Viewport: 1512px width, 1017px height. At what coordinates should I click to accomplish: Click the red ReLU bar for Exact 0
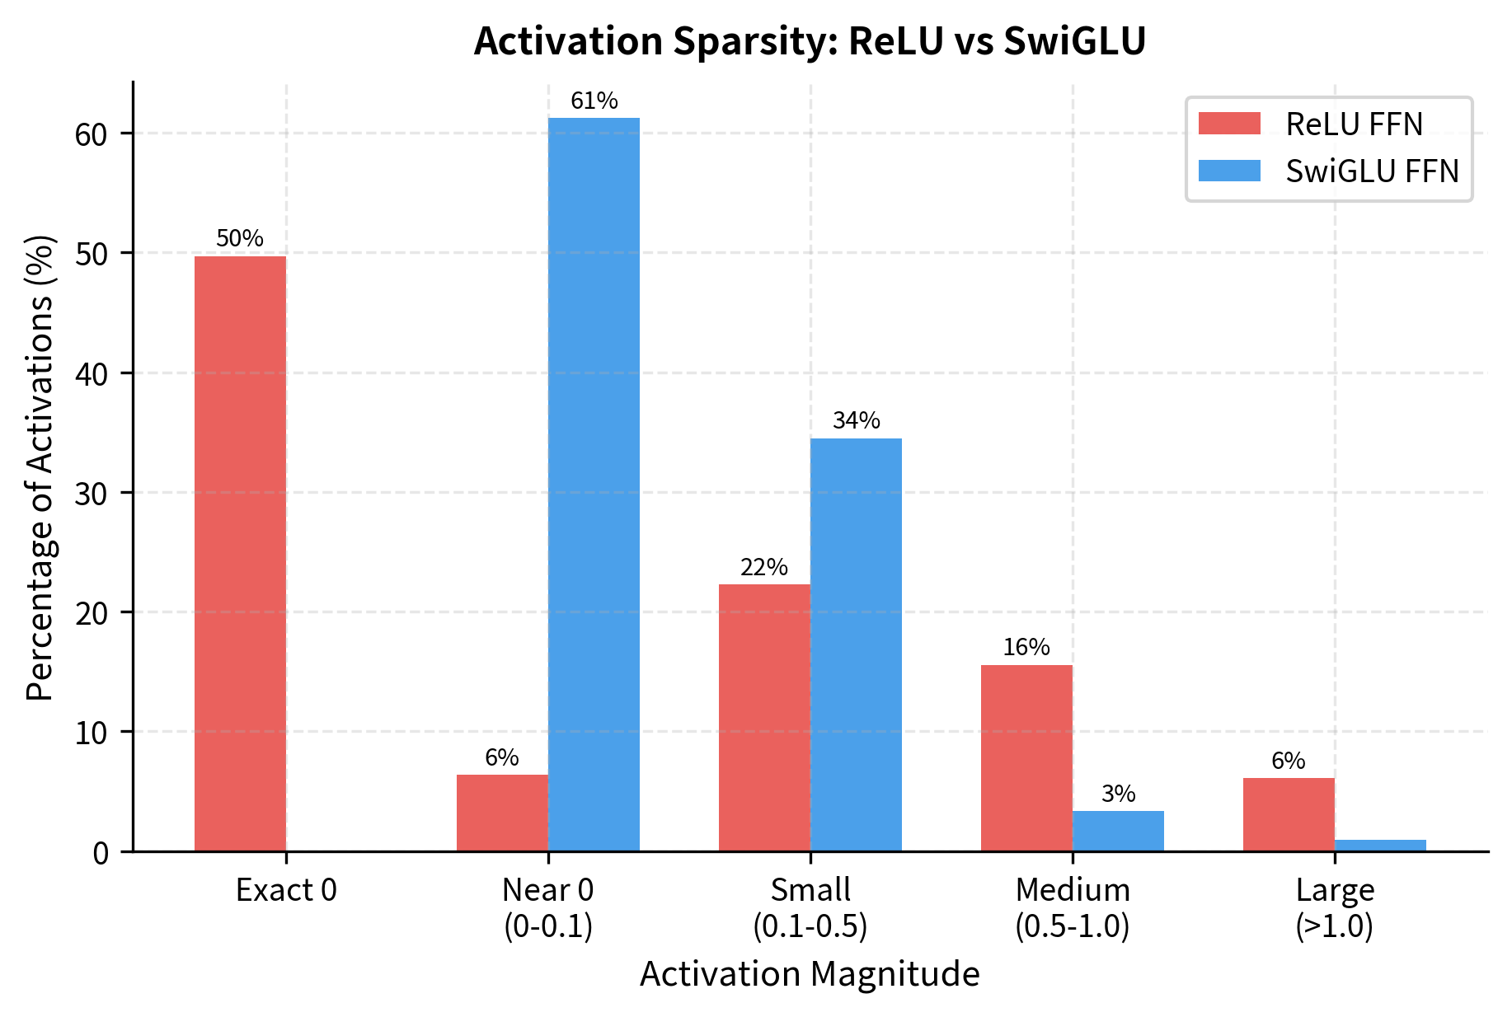coord(240,553)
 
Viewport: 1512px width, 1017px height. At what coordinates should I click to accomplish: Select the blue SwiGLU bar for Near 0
coord(594,484)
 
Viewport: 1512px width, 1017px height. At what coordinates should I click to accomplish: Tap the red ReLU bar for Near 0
coord(502,813)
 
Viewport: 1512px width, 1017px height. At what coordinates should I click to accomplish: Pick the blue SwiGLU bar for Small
coord(856,644)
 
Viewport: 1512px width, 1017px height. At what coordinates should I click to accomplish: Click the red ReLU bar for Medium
coord(1026,757)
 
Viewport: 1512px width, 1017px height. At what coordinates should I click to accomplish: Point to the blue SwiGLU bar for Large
coord(1380,846)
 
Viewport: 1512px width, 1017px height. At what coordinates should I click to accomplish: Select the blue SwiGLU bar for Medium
coord(1118,831)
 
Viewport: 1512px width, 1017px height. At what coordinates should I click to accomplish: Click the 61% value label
coord(594,101)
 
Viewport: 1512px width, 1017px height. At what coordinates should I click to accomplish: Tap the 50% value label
coord(240,238)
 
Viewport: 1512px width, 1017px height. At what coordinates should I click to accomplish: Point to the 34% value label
coord(856,420)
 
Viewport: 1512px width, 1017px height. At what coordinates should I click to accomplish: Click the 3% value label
coord(1118,794)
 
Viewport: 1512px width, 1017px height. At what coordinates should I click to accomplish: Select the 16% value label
coord(1026,647)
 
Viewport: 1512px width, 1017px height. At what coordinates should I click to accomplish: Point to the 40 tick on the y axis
coord(92,374)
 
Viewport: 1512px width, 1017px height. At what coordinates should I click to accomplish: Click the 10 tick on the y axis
coord(92,733)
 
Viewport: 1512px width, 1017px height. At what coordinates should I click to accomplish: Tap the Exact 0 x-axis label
coord(286,890)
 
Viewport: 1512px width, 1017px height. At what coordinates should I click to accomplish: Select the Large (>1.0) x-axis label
coord(1334,908)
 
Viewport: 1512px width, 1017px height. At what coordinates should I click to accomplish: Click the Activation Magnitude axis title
coord(810,974)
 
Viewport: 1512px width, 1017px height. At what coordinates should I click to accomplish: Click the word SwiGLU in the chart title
coord(1074,41)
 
